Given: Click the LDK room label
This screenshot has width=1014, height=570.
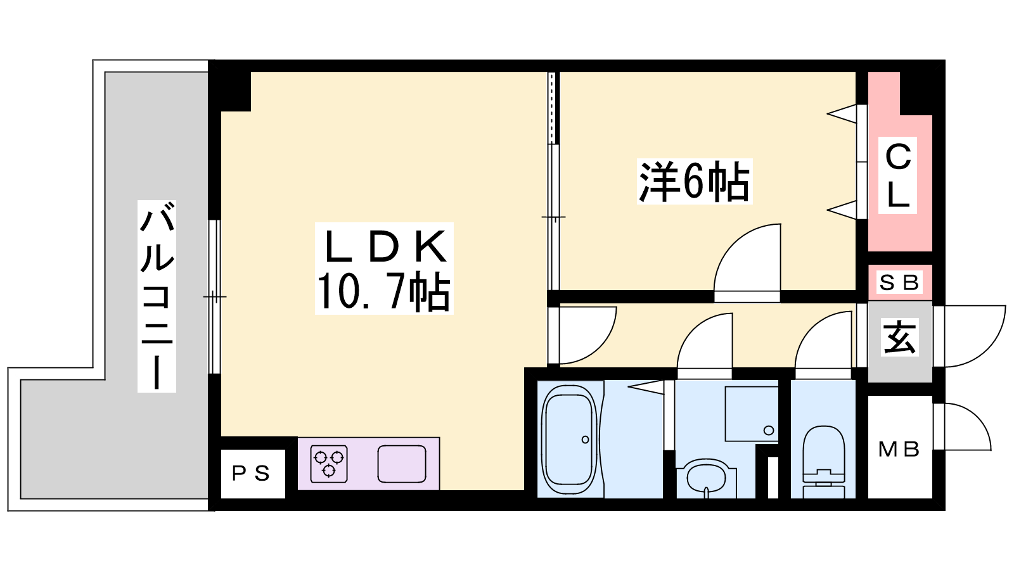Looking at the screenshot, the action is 386,247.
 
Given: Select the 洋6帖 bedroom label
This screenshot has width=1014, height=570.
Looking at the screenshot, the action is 695,181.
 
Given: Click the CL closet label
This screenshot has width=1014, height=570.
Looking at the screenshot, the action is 897,175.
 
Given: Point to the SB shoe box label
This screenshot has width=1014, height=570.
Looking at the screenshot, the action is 899,283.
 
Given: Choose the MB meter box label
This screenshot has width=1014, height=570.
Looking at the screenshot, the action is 899,449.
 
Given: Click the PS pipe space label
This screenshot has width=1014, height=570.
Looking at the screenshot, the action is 251,474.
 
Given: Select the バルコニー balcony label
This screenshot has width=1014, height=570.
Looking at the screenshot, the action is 157,296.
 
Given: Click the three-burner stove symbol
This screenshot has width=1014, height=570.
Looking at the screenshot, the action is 329,464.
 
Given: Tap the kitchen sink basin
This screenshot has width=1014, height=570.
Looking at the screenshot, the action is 402,464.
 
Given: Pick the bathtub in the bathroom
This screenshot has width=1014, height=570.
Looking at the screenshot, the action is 570,440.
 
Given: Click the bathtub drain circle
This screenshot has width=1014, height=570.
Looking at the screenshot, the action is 586,440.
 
